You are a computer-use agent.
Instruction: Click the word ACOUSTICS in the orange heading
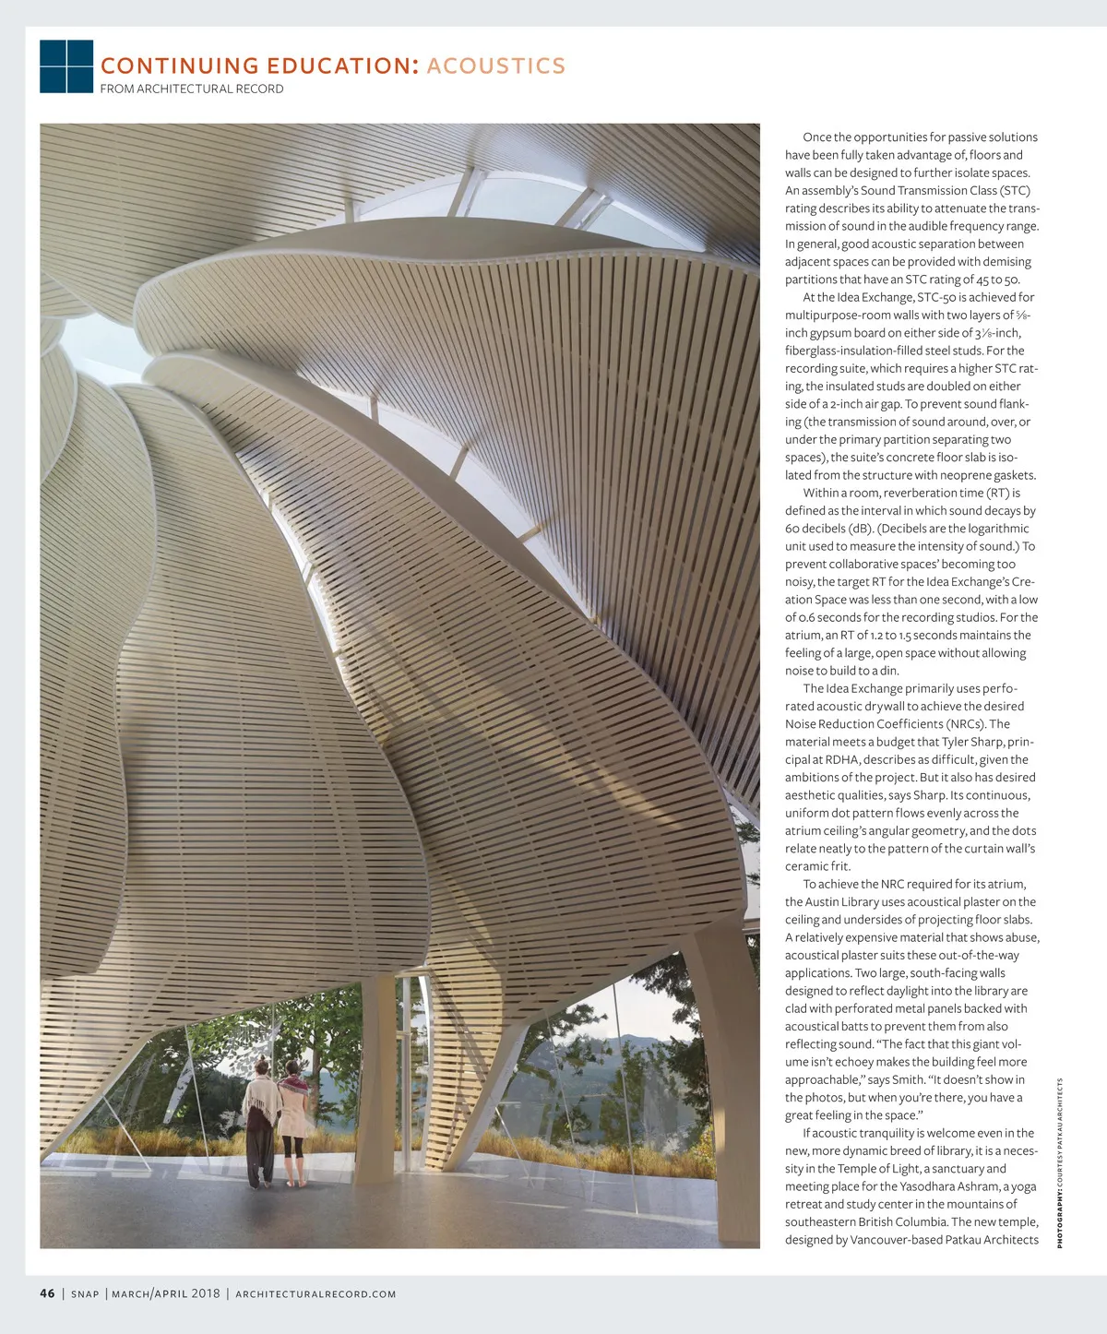[495, 66]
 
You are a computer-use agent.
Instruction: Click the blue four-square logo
[66, 66]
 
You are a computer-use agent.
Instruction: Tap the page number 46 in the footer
[47, 1293]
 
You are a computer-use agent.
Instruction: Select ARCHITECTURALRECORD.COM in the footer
[315, 1294]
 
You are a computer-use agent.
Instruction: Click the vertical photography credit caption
[1061, 1162]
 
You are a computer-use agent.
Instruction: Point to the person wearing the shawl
[261, 1122]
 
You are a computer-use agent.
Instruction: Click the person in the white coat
[293, 1122]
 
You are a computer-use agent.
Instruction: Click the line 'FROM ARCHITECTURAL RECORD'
[192, 89]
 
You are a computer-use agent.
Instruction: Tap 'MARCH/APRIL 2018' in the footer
[166, 1293]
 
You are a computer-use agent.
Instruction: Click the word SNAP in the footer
[85, 1294]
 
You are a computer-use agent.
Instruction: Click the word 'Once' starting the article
[816, 137]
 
